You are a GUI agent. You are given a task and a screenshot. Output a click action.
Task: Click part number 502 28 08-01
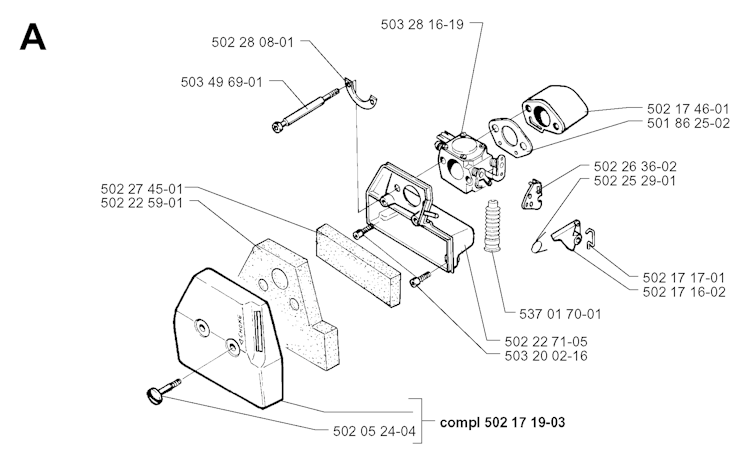pos(254,43)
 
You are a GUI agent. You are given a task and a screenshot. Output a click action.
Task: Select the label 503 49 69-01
pos(222,82)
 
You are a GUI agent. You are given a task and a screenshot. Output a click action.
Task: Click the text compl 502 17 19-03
pos(502,423)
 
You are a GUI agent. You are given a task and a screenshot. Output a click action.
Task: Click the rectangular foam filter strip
pos(360,256)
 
